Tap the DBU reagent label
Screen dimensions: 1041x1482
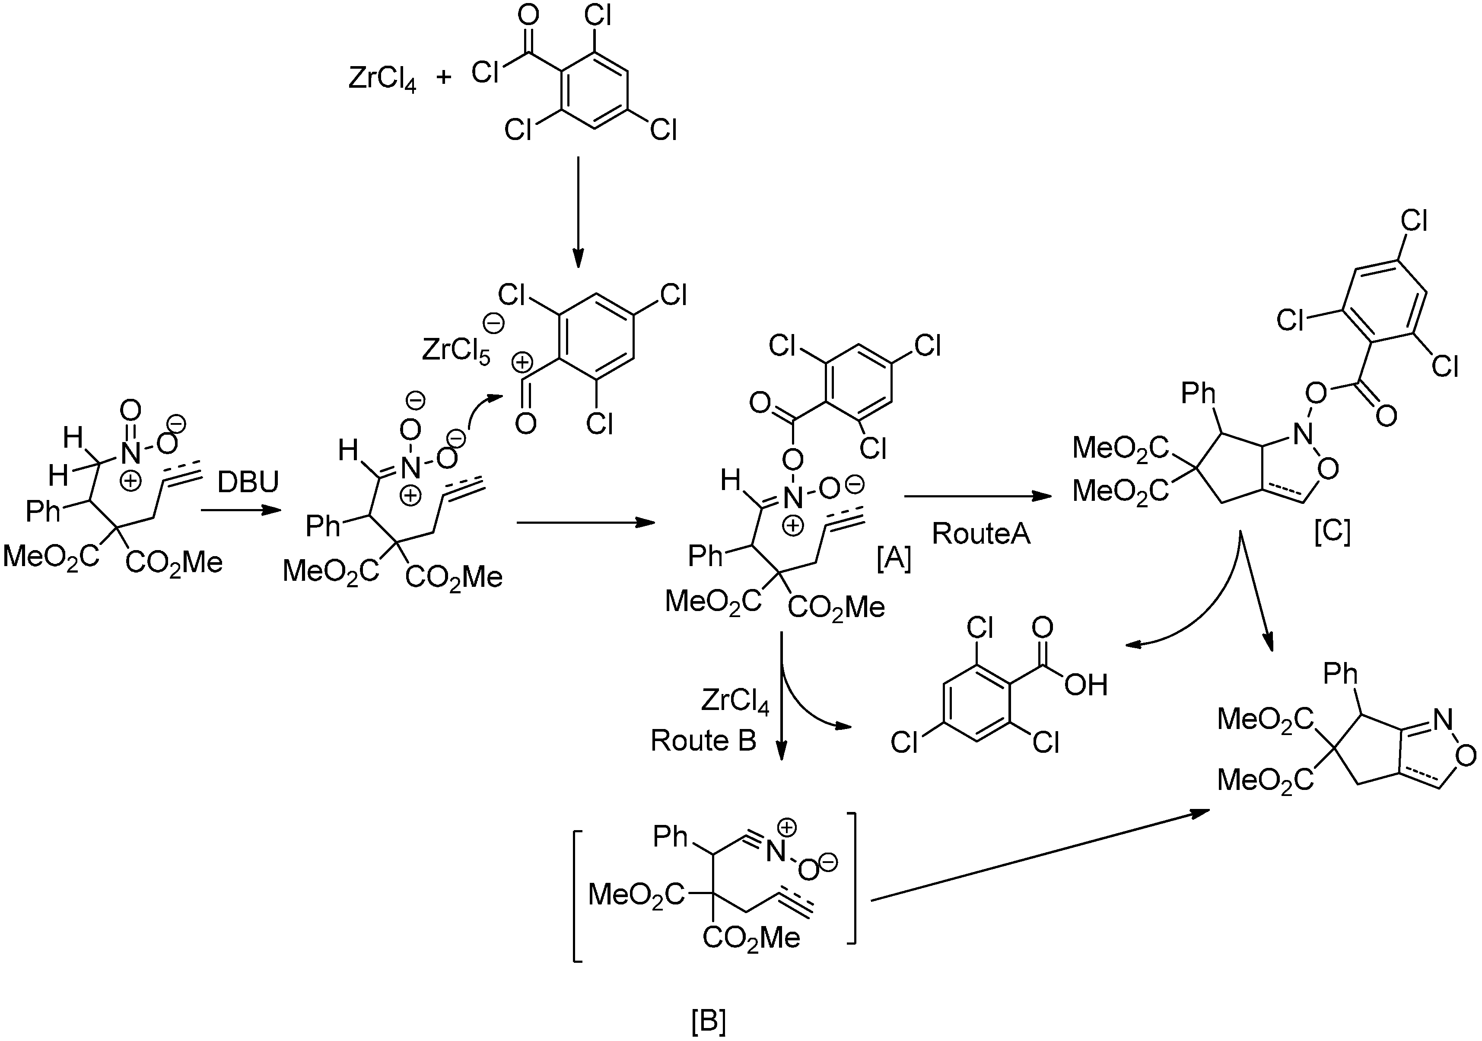[248, 481]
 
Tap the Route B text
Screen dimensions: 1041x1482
[703, 741]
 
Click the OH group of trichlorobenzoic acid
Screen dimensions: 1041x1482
[1086, 685]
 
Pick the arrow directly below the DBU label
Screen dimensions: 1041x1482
[241, 510]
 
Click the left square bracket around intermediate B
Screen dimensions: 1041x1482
[576, 888]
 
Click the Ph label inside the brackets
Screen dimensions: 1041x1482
[670, 837]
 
